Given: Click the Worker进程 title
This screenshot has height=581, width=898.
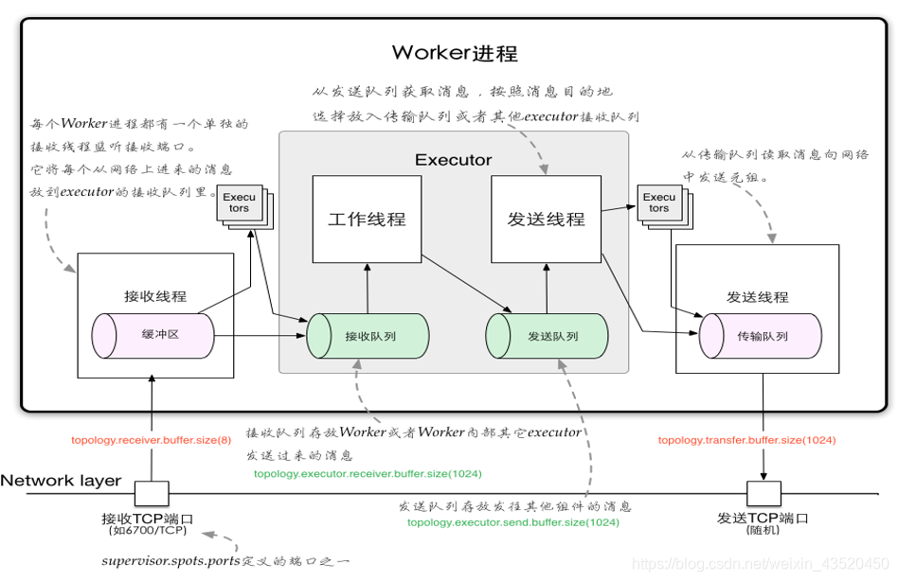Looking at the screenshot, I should [x=455, y=51].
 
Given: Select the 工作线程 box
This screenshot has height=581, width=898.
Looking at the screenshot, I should [x=367, y=220].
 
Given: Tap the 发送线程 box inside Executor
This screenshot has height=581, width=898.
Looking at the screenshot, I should [x=545, y=220].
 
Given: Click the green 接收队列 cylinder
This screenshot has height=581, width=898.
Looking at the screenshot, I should [x=368, y=336].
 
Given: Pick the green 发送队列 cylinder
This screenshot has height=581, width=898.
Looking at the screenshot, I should [x=547, y=336].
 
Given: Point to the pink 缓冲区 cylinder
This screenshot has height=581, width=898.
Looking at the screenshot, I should [x=153, y=335].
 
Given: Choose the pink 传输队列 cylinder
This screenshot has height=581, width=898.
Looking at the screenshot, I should [x=760, y=336].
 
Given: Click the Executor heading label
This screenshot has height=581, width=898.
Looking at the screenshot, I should [x=453, y=160].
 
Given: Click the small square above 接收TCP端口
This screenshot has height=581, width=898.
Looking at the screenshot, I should [x=152, y=493].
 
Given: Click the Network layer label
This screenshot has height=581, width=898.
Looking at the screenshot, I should [x=62, y=481].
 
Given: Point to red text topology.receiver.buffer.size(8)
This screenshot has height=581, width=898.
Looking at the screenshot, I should [x=151, y=440].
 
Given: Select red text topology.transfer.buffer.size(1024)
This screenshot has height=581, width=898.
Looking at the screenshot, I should [x=746, y=440].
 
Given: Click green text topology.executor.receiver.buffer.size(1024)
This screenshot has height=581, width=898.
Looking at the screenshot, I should [x=367, y=473].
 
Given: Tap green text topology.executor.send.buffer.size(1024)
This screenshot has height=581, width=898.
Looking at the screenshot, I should [x=512, y=521].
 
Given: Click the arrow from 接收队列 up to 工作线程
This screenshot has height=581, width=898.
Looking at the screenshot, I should [x=367, y=288].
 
